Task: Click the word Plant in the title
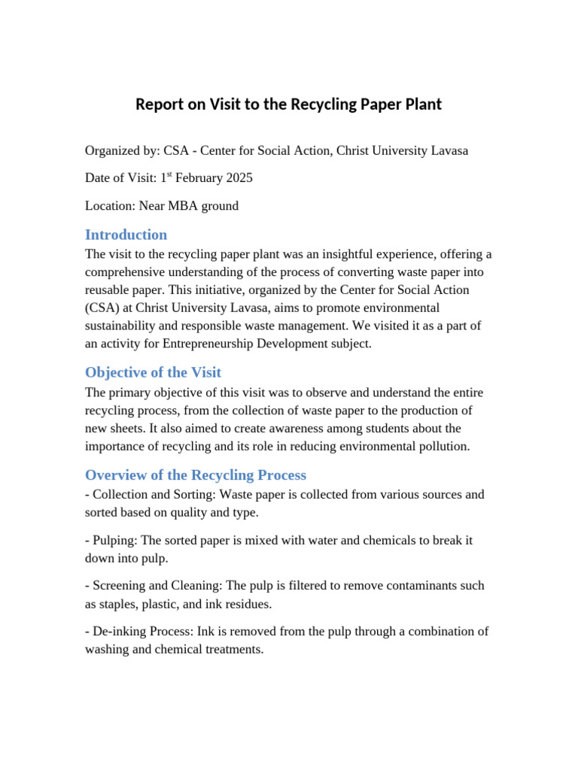pyautogui.click(x=422, y=105)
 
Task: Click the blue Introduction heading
pyautogui.click(x=126, y=235)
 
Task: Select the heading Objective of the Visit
pyautogui.click(x=153, y=373)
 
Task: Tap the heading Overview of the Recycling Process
pyautogui.click(x=196, y=475)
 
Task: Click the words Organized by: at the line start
pyautogui.click(x=120, y=150)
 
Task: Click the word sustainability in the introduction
pyautogui.click(x=122, y=326)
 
